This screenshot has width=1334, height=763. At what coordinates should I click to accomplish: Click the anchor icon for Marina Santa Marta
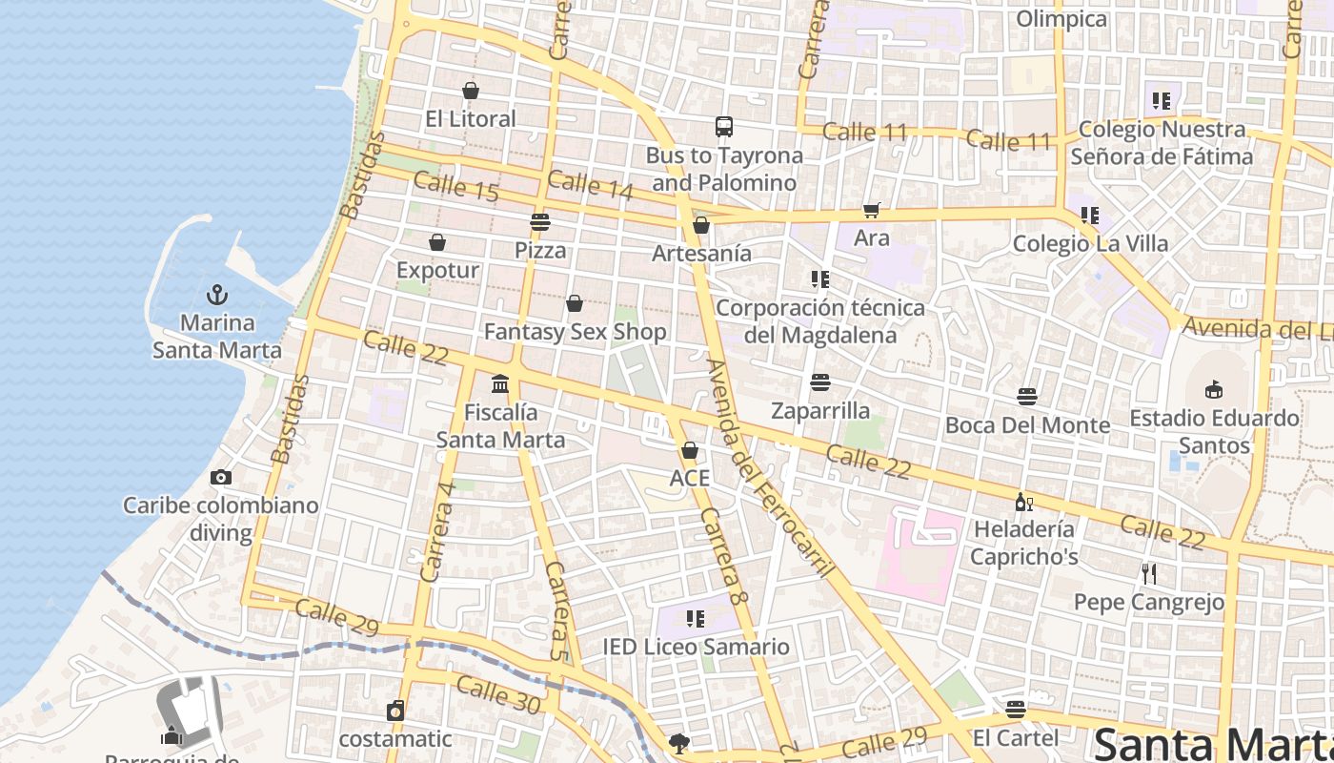point(217,295)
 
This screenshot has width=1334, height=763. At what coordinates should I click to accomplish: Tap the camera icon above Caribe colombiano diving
point(221,477)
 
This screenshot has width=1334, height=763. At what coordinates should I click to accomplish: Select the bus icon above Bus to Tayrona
point(724,127)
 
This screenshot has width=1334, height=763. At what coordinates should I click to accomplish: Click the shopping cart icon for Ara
point(871,210)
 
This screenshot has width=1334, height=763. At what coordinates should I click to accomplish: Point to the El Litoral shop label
point(470,119)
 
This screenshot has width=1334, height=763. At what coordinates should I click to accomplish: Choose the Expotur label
point(437,270)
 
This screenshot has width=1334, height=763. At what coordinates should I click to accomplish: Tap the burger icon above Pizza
point(540,222)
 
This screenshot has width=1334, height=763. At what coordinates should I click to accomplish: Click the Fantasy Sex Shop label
point(575,332)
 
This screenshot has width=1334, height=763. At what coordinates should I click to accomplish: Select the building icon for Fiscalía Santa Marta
point(500,384)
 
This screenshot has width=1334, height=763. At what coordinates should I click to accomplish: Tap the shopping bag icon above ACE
point(689,449)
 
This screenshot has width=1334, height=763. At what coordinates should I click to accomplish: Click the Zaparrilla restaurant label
point(820,411)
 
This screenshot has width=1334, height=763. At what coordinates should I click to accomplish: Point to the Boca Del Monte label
point(1027,425)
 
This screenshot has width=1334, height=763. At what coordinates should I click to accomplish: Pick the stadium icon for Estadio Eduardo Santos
point(1213,389)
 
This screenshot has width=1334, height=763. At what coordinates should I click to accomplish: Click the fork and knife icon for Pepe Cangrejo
point(1149,573)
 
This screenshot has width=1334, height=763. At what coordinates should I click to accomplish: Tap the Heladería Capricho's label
point(1024,543)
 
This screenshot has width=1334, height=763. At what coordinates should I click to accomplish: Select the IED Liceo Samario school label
point(696,647)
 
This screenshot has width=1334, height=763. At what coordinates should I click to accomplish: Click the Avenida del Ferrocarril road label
point(770,467)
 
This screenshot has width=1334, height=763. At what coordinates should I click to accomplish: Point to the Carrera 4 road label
point(437,532)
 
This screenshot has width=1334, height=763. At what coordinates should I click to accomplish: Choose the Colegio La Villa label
point(1090,243)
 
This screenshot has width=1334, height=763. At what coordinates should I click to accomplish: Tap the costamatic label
point(395,739)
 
